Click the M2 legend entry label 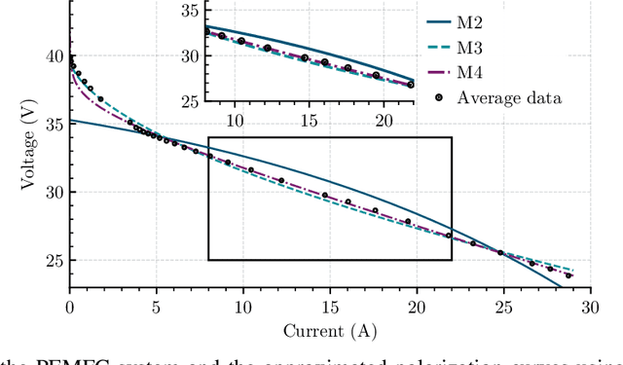point(470,20)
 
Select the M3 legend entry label point(470,46)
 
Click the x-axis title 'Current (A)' point(329,330)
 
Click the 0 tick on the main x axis point(69,306)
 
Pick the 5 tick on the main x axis point(156,306)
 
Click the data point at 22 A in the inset point(411,85)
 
